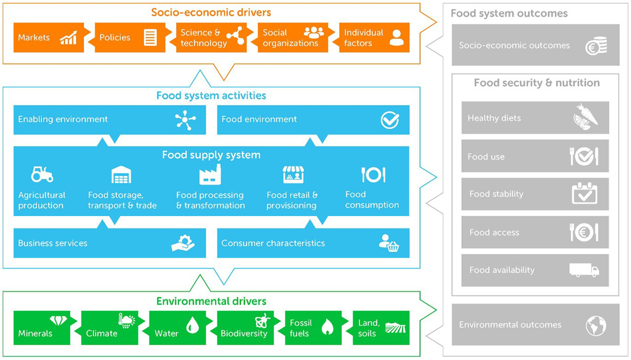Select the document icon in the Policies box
coord(150,37)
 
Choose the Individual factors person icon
coord(396,37)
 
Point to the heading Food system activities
coord(211,96)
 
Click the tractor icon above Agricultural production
coord(42,174)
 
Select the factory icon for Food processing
coord(210,174)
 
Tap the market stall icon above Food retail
coord(293,174)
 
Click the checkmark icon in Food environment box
coord(390,120)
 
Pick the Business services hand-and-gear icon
coord(183,243)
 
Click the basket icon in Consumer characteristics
coord(390,243)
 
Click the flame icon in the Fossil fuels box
coord(327,327)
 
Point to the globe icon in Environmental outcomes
coord(596,325)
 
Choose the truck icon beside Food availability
coord(584,270)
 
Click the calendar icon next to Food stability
coord(584,194)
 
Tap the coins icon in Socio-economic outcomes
coord(596,46)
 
